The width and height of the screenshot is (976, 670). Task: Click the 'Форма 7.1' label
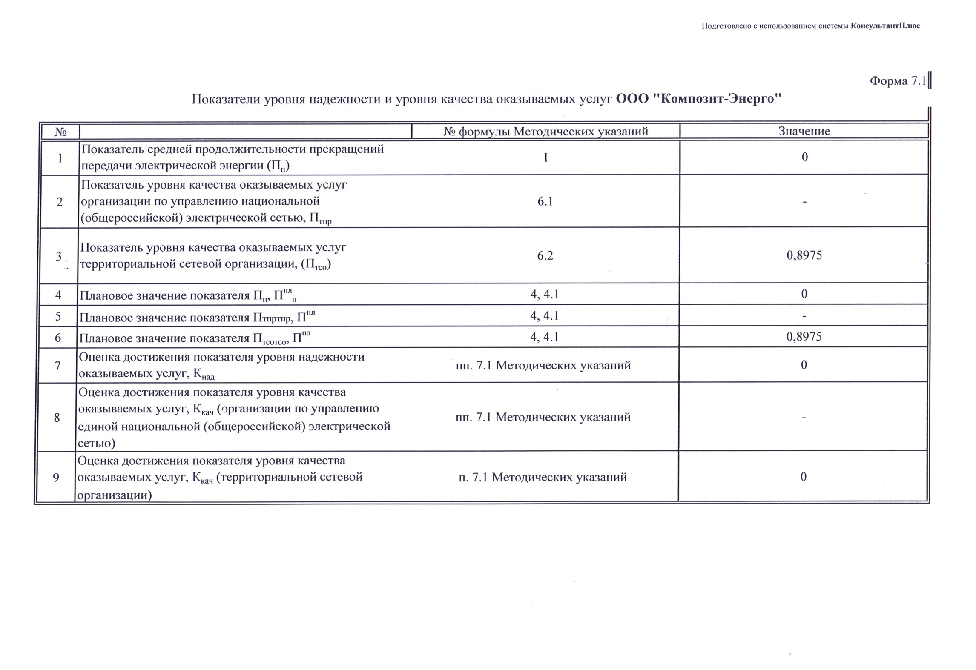897,81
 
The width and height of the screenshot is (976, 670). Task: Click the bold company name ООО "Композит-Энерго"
699,99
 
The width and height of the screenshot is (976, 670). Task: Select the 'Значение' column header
804,131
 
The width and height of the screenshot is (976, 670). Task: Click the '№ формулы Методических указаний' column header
545,132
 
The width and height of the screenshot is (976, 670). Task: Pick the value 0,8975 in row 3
804,255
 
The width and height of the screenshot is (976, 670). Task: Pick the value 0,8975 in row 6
804,337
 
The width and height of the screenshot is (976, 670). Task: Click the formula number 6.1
545,201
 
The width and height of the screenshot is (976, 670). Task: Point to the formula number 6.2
545,255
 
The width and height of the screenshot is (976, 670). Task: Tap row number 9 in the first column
56,478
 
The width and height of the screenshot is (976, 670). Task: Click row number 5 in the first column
58,316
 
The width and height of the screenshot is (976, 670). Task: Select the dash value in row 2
804,201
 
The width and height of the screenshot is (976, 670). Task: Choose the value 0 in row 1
804,157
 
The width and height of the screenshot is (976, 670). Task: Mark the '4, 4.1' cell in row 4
544,294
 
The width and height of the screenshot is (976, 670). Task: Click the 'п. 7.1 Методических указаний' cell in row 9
543,477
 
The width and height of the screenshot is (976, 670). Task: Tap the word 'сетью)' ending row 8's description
96,444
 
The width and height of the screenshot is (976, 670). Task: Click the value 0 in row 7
804,365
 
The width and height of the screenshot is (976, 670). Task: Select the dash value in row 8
804,418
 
